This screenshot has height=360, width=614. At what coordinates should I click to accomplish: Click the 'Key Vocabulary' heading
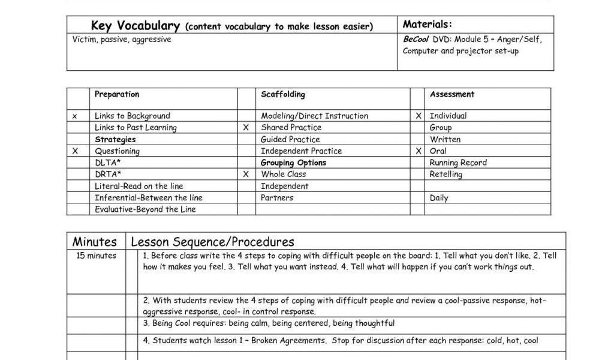(136, 26)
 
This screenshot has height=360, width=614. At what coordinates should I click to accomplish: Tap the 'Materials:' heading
(427, 25)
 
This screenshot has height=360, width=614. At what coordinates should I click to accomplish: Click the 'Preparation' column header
(117, 94)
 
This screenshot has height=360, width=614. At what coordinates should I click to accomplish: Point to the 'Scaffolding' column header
(283, 94)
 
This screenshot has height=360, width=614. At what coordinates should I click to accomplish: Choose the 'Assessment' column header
(452, 94)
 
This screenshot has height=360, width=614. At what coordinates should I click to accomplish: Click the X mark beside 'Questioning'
(75, 151)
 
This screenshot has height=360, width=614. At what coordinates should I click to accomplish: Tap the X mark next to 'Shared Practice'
(246, 128)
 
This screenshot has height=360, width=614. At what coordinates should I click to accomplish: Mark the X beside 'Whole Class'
(246, 175)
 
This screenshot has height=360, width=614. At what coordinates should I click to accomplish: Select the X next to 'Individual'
(419, 116)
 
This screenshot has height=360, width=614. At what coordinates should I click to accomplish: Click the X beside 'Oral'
(419, 151)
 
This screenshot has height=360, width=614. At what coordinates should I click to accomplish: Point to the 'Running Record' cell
(458, 163)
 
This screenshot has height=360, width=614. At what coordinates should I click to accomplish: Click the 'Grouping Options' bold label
(294, 163)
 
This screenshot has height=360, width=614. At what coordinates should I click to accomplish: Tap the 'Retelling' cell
(446, 175)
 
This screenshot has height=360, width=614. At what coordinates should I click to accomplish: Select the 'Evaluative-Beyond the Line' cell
(145, 209)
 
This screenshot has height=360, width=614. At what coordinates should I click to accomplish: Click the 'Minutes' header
(95, 242)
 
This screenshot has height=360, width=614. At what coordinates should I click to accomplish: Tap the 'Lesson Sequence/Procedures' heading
(212, 242)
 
